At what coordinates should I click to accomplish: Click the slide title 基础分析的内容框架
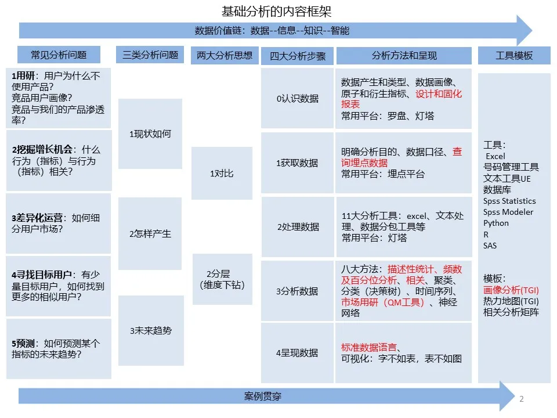coord(276,12)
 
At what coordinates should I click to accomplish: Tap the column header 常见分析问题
coord(59,55)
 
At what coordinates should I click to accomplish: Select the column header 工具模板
coord(514,56)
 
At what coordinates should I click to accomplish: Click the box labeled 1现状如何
coord(150,134)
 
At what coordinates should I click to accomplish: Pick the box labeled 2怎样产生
coord(150,233)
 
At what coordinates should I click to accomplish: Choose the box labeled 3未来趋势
coord(151,330)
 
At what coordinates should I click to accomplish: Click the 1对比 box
coord(222,174)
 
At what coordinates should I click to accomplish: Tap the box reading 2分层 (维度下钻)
coord(222,279)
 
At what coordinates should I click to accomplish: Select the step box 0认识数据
coord(297,99)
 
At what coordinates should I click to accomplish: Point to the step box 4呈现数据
coord(297,352)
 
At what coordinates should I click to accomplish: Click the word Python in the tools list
coord(496,223)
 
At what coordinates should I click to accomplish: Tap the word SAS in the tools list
coord(490,246)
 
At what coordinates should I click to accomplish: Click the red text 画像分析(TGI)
coord(511,290)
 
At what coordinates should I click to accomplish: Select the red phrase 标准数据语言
coord(369,347)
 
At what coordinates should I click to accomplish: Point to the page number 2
coord(522,399)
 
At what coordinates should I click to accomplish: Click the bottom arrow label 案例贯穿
coord(263,396)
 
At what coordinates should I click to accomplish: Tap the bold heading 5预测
coord(23,344)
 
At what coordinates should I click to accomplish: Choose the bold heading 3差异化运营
coord(37,218)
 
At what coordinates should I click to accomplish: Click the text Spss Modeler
coord(508,212)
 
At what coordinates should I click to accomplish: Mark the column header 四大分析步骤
coord(298,56)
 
